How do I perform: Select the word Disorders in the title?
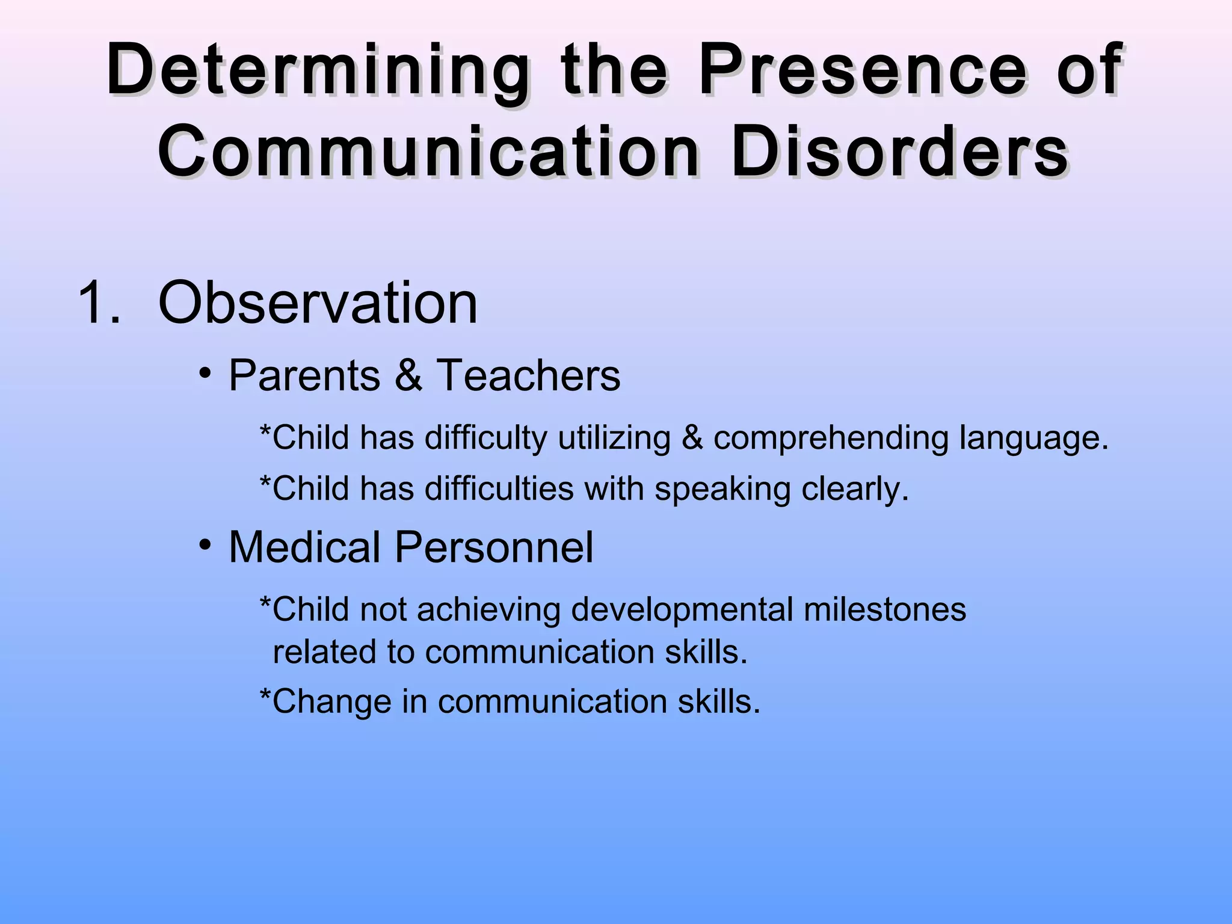point(899,151)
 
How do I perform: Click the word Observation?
point(318,303)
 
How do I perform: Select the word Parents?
point(304,375)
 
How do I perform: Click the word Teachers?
point(528,375)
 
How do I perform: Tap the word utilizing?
point(614,439)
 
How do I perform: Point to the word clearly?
point(854,489)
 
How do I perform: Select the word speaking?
point(722,489)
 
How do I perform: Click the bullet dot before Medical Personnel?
point(206,545)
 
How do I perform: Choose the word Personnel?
point(493,547)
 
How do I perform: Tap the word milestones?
point(884,610)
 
